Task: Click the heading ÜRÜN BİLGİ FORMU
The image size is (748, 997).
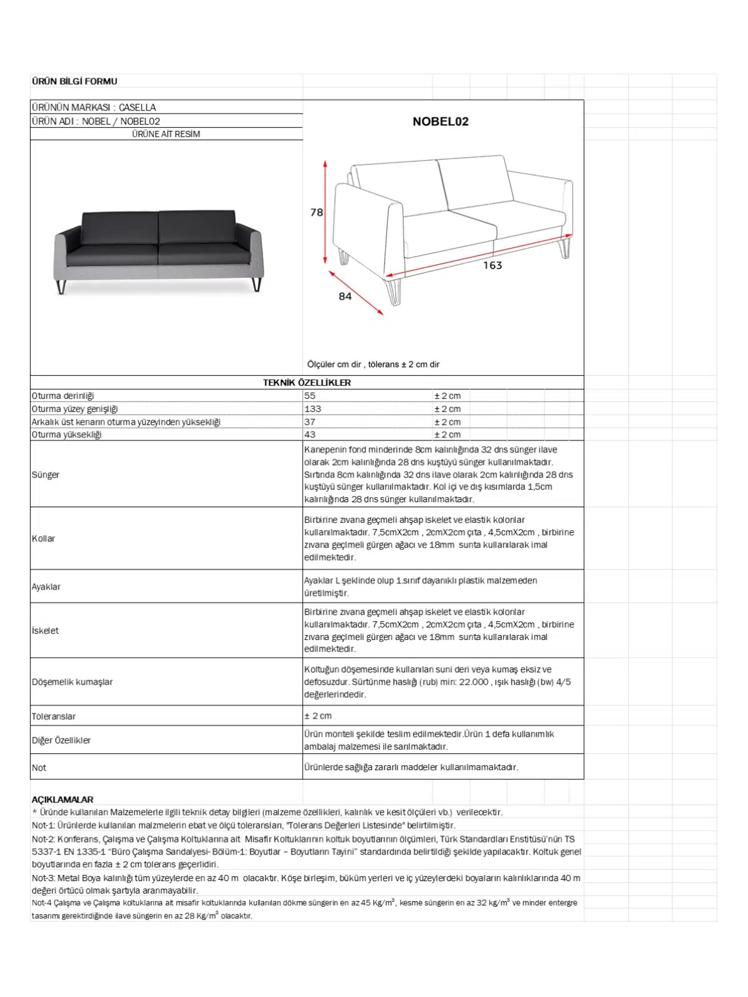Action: click(74, 81)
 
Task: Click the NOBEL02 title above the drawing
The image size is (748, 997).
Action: click(440, 122)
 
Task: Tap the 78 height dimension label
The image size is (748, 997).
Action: click(317, 212)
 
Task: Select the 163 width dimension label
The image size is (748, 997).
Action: click(492, 265)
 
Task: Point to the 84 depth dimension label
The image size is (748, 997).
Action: click(345, 297)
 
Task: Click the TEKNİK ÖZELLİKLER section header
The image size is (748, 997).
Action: click(307, 383)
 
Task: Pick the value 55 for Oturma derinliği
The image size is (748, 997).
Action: click(310, 396)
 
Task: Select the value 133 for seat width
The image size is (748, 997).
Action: click(312, 409)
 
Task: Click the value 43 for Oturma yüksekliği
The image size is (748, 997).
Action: click(310, 435)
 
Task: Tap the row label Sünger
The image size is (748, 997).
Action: click(46, 475)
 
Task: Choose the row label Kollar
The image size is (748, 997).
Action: click(44, 538)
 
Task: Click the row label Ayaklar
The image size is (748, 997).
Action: click(46, 587)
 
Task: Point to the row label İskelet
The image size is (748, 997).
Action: click(46, 631)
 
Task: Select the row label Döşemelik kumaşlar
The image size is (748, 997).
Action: click(72, 682)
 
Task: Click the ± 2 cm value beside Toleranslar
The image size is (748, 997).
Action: click(318, 716)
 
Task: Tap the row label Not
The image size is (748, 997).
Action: click(39, 768)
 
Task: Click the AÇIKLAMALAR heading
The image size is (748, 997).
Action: click(62, 799)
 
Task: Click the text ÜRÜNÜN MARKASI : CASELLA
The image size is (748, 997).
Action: click(94, 107)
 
